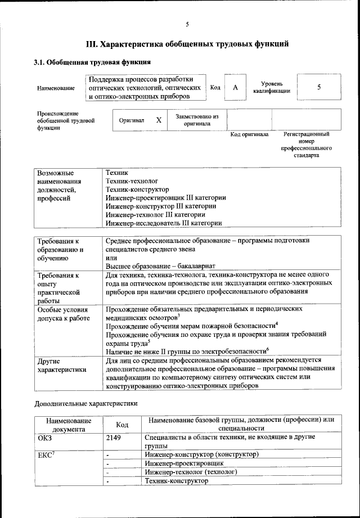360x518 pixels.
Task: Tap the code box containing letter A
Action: [x=236, y=88]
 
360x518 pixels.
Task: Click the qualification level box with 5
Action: [x=319, y=88]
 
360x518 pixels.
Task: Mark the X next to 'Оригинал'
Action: [x=159, y=120]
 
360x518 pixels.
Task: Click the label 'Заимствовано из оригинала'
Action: [x=197, y=120]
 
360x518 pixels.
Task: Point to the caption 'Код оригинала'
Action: [x=249, y=135]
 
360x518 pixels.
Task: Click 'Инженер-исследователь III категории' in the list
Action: [x=163, y=223]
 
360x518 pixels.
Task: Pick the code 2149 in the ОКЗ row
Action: [x=114, y=437]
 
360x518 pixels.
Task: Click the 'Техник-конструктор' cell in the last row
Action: [x=176, y=481]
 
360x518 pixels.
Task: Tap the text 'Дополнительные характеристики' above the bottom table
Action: [x=86, y=403]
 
